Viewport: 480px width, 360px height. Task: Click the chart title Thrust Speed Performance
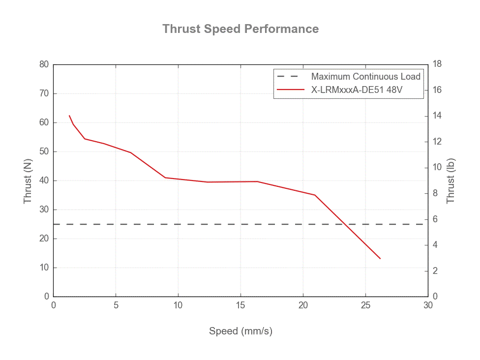point(240,29)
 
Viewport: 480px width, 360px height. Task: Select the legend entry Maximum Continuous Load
point(365,77)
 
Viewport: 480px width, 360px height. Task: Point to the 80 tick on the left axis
point(44,64)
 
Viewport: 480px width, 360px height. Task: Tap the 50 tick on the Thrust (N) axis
point(44,151)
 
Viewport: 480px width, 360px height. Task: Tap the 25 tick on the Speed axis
point(365,305)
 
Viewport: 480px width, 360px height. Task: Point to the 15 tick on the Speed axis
point(240,305)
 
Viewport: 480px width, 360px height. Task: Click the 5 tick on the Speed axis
point(116,305)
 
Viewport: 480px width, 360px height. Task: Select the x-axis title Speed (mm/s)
point(240,331)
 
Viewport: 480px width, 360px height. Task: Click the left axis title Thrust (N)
point(28,181)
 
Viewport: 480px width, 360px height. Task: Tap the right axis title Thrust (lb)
point(450,181)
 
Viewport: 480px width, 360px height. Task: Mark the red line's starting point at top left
point(69,116)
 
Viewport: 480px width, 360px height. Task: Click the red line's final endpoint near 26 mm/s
point(380,259)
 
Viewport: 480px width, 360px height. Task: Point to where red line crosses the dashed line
point(347,224)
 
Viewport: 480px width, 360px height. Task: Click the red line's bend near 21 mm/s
point(315,195)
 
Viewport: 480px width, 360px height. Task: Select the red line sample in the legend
point(290,90)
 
